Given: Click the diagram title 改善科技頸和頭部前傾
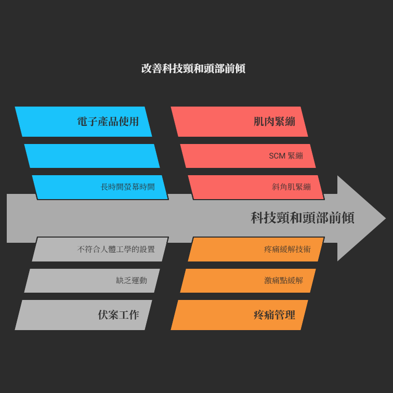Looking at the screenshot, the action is (193, 69).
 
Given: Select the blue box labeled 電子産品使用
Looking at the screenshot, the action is (84, 122).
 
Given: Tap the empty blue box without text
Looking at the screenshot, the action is (92, 156).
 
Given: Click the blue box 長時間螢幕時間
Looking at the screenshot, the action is (100, 187).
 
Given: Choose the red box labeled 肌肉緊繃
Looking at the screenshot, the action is (239, 122).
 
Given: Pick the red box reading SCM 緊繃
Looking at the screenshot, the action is (248, 156).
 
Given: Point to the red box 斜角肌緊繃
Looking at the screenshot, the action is (256, 187).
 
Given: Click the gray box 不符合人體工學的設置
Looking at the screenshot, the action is (100, 249).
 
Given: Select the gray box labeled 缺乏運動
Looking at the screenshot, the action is (92, 281).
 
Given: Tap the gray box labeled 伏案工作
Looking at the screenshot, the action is (84, 315).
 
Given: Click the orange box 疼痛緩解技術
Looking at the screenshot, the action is (256, 249).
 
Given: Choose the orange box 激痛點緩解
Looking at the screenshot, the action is (248, 281).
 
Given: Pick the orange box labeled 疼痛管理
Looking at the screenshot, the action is (239, 315).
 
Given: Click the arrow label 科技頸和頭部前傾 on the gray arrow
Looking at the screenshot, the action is (302, 217).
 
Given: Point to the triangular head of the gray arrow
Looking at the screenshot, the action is (361, 218).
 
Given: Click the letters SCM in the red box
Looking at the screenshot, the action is (277, 156).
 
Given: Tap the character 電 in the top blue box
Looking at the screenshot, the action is (83, 122).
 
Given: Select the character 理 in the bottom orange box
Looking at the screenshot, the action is (290, 315).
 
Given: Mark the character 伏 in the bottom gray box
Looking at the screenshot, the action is (103, 315).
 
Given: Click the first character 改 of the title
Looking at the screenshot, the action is (147, 69).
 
